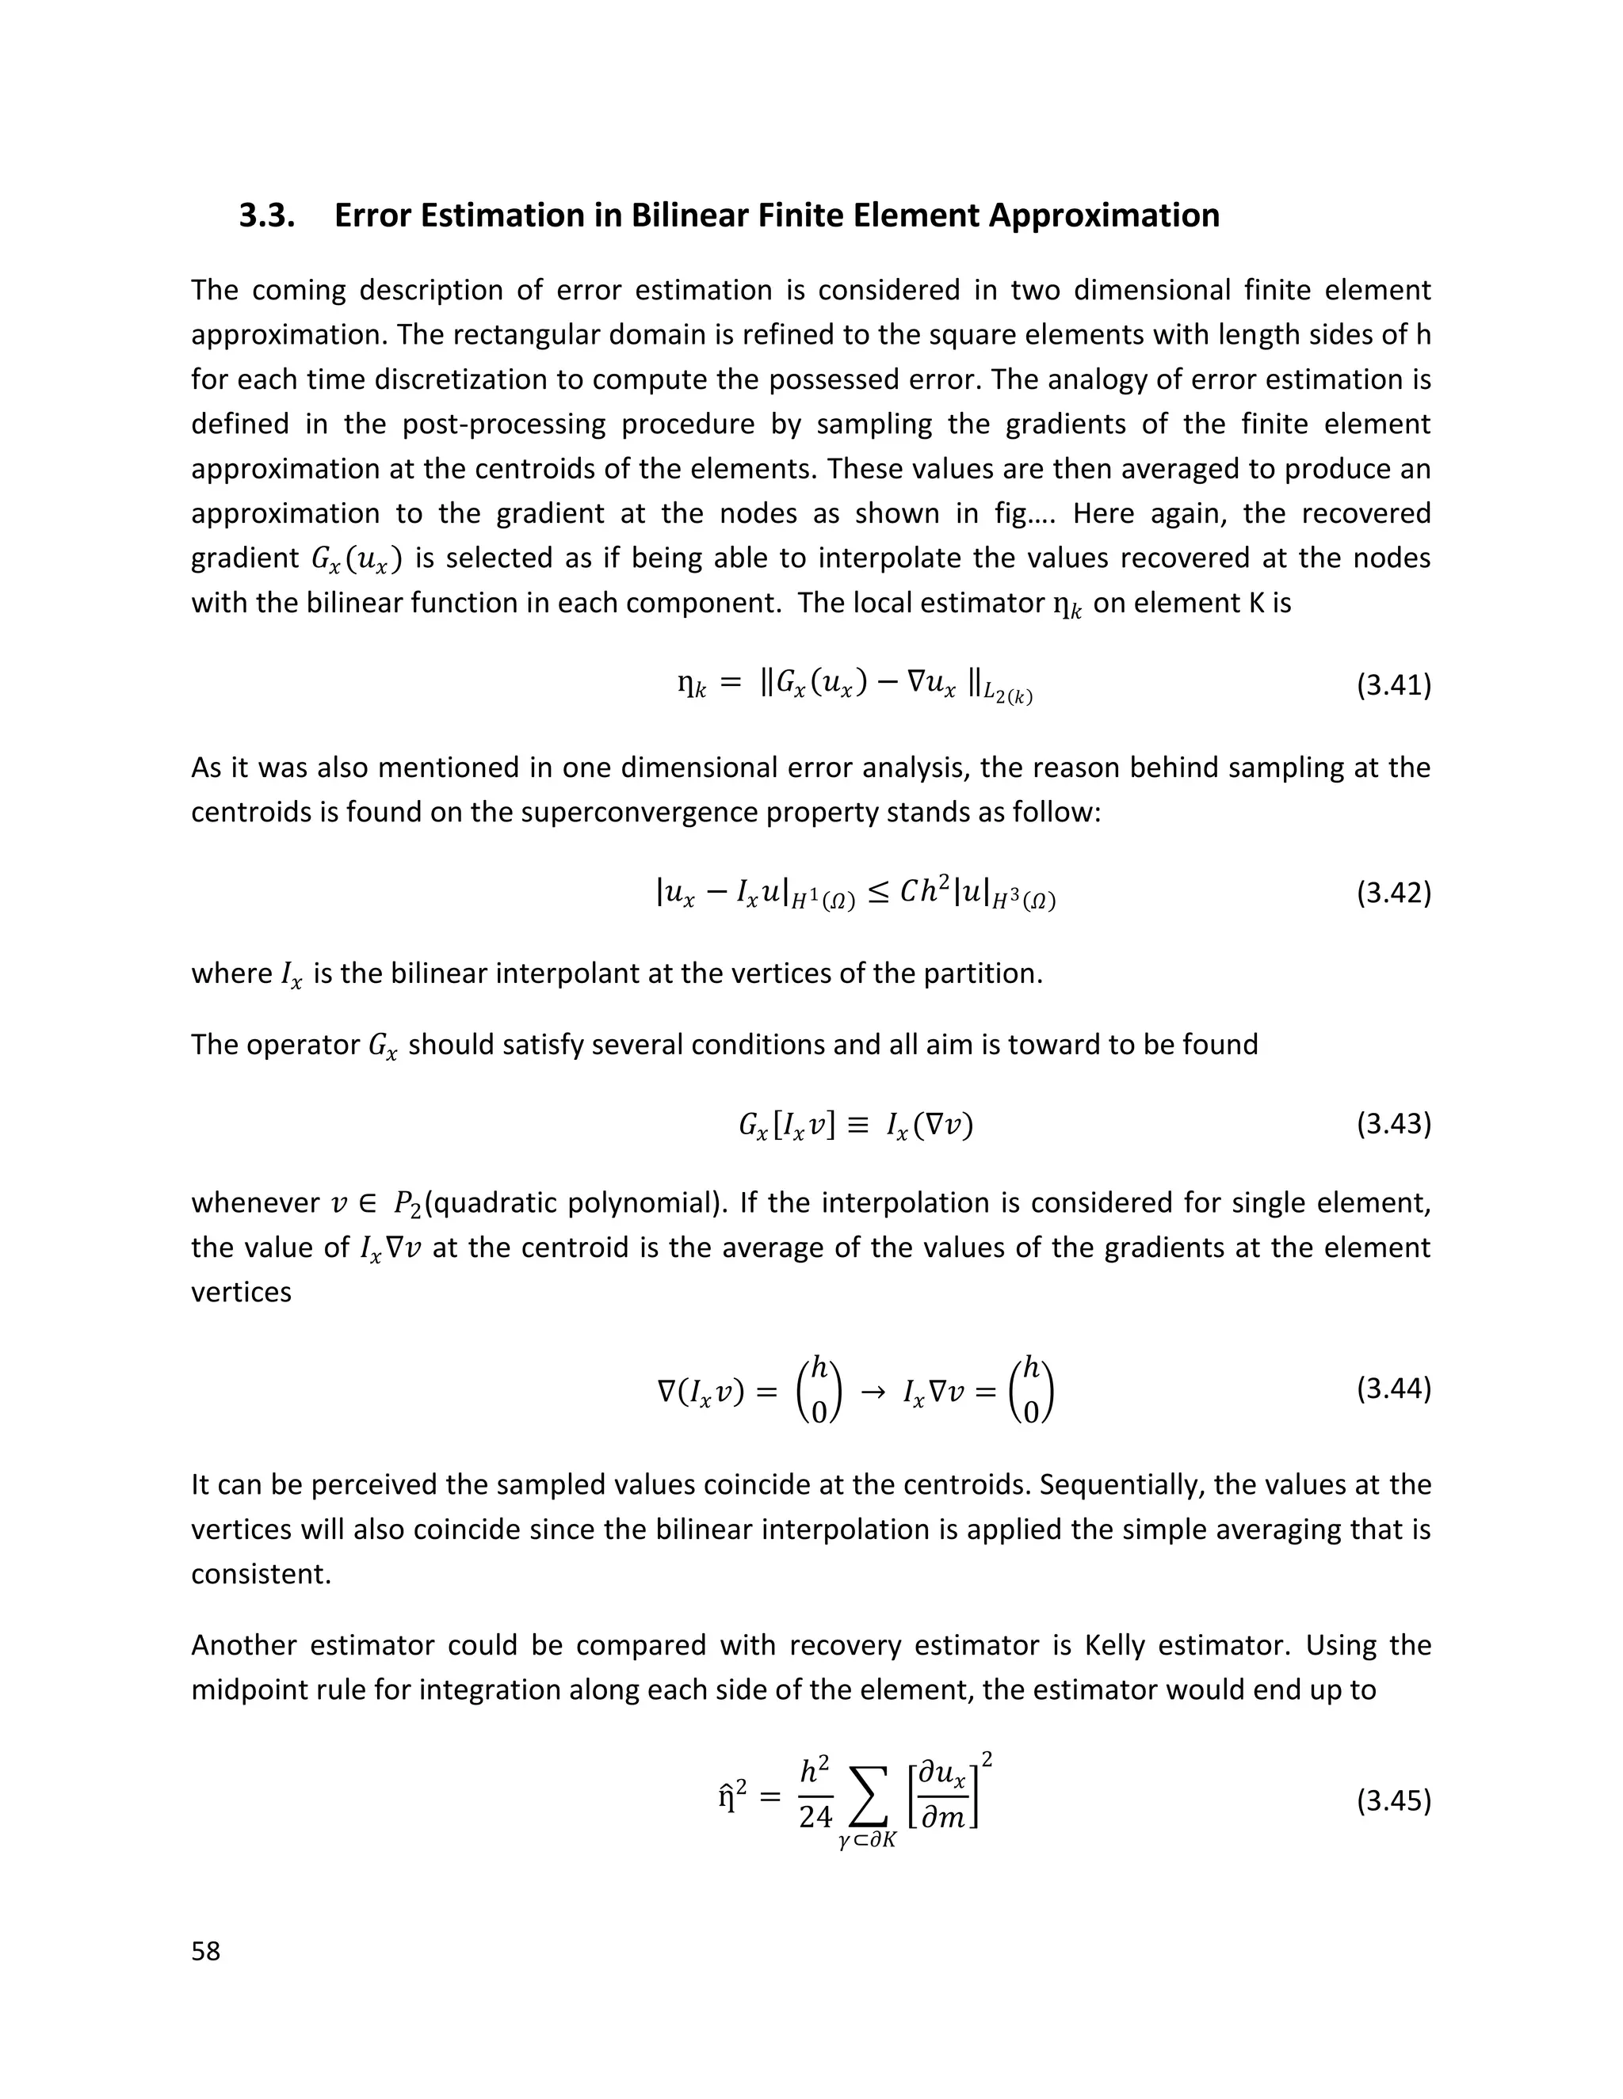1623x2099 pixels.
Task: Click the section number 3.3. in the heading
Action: tap(266, 215)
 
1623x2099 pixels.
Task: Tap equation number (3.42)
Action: tap(1393, 893)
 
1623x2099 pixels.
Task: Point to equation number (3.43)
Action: tap(1393, 1123)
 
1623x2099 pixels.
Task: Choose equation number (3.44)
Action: tap(1393, 1389)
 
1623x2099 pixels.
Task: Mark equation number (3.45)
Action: tap(1393, 1800)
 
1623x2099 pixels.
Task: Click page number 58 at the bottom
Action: tap(206, 1951)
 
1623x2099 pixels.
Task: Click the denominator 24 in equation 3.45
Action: tap(815, 1816)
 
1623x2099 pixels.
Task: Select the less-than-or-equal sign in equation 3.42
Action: tap(878, 893)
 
